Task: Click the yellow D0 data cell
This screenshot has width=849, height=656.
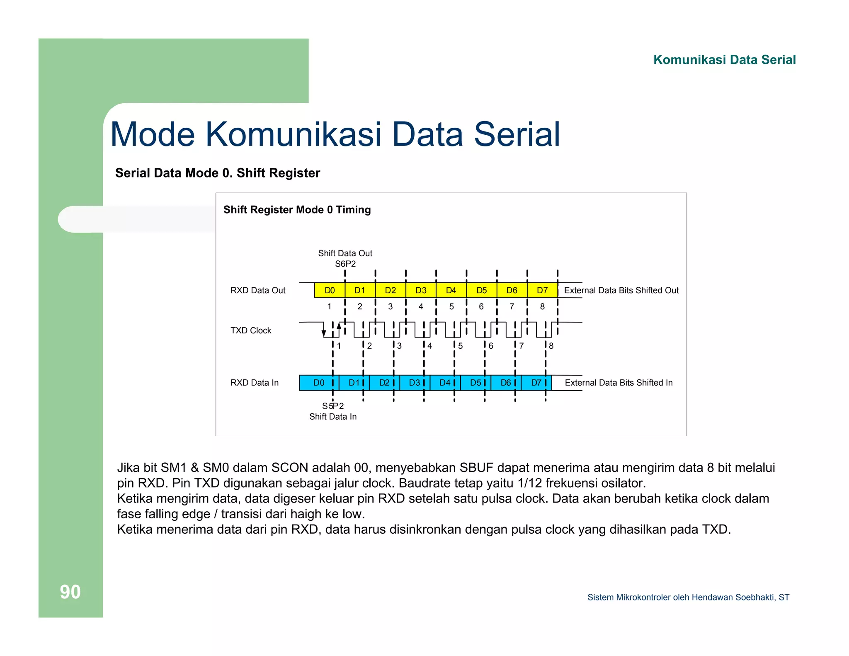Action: click(x=330, y=290)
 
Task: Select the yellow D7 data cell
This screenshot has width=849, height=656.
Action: click(x=542, y=290)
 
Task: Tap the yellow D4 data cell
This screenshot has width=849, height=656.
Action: click(x=451, y=290)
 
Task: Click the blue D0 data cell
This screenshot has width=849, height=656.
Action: click(x=319, y=383)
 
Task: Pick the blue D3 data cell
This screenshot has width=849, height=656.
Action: click(x=415, y=383)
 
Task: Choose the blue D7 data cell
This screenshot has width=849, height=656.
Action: click(x=536, y=383)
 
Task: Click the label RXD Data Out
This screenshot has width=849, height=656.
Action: click(x=258, y=290)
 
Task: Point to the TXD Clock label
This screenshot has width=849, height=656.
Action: click(x=251, y=330)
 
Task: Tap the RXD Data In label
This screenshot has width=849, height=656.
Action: click(x=255, y=383)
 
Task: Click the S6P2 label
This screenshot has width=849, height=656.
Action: click(x=345, y=264)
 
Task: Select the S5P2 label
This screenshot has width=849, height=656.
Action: click(x=333, y=406)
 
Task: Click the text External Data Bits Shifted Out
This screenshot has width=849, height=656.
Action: click(x=621, y=290)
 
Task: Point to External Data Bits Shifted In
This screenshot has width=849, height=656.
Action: click(x=619, y=383)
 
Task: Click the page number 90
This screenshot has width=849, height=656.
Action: click(x=70, y=592)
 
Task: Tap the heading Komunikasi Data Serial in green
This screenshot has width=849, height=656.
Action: click(x=724, y=60)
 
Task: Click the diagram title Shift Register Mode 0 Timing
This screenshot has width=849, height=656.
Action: click(x=297, y=210)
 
